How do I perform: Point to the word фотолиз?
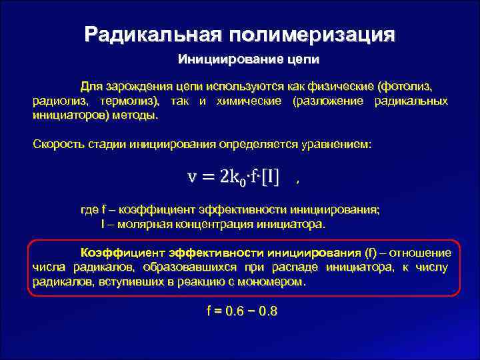(x=405, y=87)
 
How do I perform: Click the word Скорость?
(x=56, y=144)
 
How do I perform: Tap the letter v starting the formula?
(x=192, y=176)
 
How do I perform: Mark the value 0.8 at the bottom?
(x=268, y=311)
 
